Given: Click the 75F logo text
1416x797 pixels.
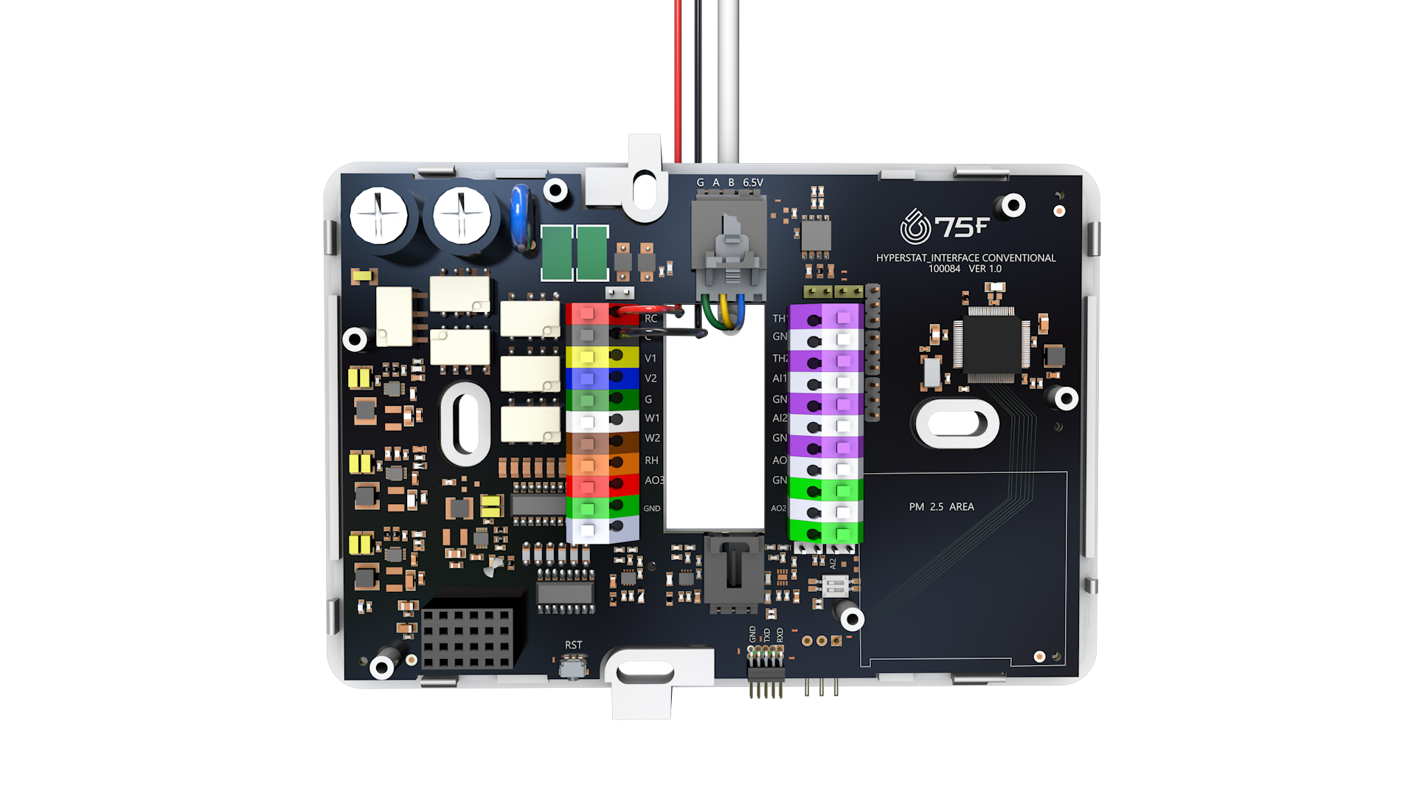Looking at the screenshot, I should coord(961,227).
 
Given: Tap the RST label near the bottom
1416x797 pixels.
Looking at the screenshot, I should coord(573,645).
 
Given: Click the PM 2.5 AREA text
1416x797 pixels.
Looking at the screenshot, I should coord(941,507).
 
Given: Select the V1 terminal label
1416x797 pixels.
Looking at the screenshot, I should coord(650,358).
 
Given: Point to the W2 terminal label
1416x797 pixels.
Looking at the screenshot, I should coord(652,438).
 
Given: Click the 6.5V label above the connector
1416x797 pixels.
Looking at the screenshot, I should coord(752,182).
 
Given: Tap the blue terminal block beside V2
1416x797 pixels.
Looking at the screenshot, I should coord(601,379).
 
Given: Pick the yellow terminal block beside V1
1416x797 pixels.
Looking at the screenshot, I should coord(601,358).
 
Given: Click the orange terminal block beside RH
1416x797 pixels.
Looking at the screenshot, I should coord(601,465).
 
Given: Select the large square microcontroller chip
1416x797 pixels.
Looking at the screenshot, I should coord(991,345).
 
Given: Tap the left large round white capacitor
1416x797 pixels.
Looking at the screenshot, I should coord(378,216).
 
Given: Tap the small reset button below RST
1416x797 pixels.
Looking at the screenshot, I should coord(573,668).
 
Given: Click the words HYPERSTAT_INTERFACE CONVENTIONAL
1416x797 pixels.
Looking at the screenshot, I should coord(965,258).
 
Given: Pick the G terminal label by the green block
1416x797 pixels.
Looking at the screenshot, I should coord(648,399).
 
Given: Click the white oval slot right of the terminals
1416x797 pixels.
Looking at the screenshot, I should coord(957,424).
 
